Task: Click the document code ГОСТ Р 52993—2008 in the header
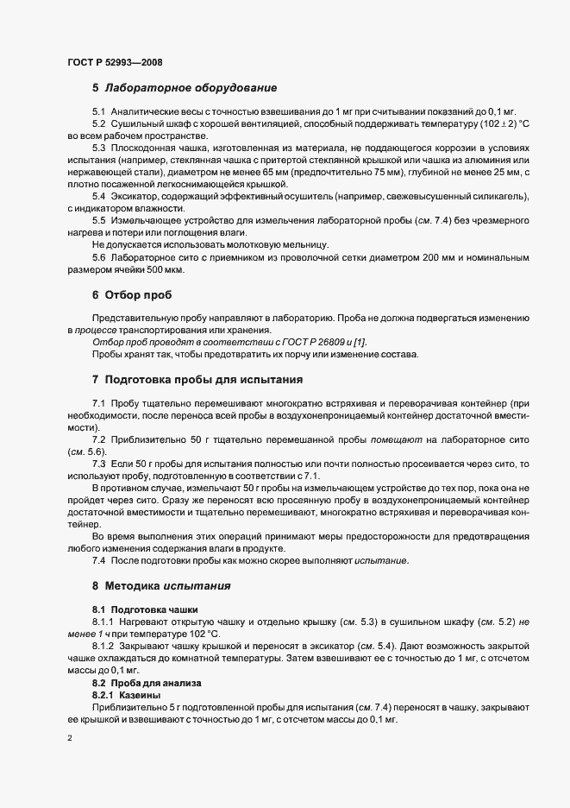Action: [114, 62]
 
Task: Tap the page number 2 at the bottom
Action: [70, 739]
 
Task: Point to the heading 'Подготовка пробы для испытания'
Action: [203, 380]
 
